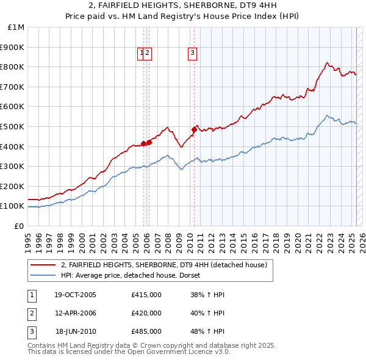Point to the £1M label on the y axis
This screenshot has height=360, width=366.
[16, 27]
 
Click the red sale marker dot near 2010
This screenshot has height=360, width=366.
[195, 129]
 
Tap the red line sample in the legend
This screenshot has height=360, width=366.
[43, 265]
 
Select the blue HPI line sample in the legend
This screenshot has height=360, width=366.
[43, 275]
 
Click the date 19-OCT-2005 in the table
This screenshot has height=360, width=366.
[75, 295]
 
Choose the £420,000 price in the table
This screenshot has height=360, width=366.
[146, 313]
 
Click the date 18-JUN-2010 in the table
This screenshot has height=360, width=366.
[76, 331]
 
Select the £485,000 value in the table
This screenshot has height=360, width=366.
[146, 331]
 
